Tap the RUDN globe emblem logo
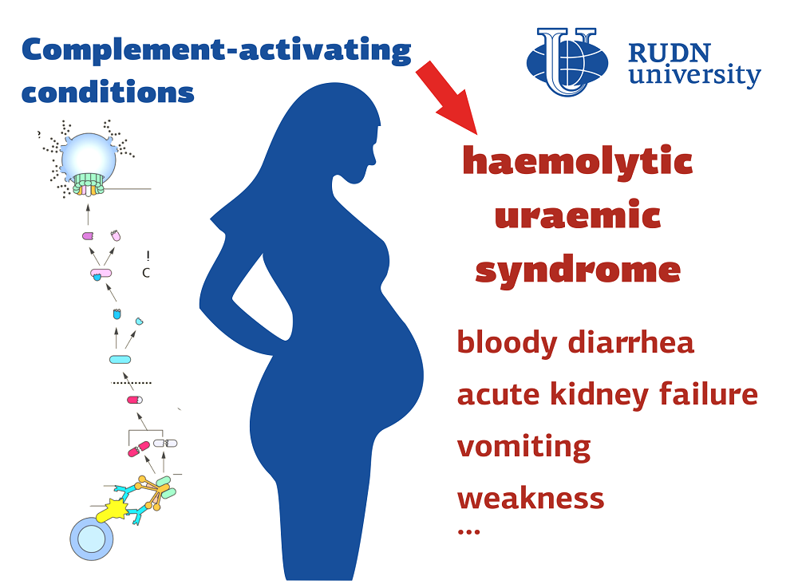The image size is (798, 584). [567, 62]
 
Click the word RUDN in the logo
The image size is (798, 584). [670, 53]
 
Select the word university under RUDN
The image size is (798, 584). [695, 75]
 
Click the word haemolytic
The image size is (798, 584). [578, 160]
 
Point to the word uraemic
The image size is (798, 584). [578, 215]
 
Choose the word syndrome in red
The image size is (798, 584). [578, 270]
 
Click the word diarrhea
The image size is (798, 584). [631, 341]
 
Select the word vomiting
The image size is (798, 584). [523, 447]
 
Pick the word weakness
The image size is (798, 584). [531, 499]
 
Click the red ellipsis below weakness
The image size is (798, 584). [468, 532]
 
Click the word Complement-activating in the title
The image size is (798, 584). [216, 50]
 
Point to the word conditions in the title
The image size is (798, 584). [108, 92]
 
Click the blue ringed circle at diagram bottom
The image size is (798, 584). [92, 539]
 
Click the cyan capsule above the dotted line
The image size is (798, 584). [120, 360]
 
